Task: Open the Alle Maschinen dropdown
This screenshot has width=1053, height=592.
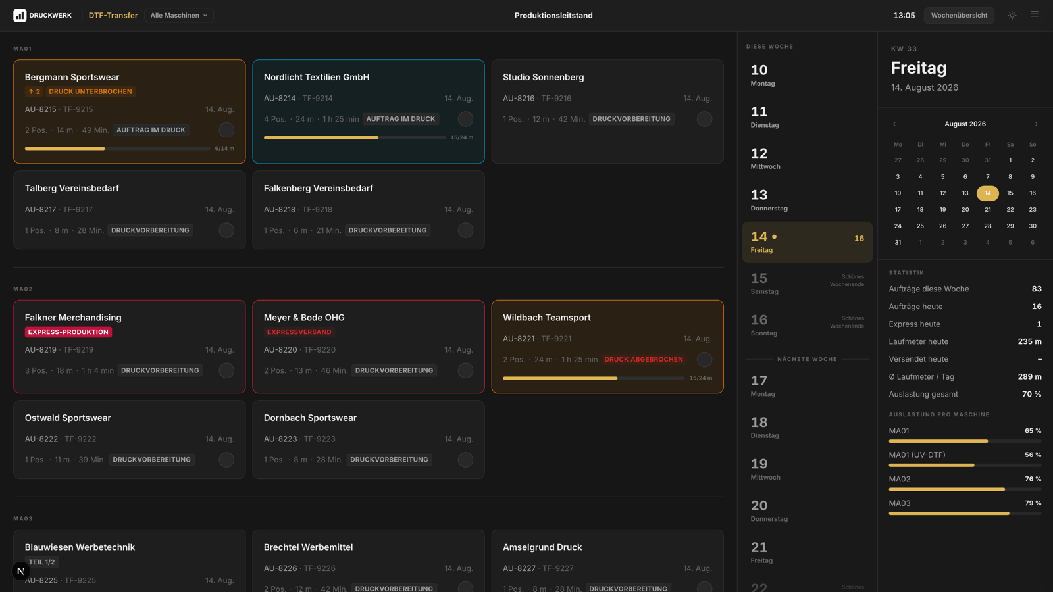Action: [x=178, y=16]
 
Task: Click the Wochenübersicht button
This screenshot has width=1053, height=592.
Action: [x=959, y=16]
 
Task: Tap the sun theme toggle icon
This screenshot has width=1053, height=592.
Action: [x=1012, y=16]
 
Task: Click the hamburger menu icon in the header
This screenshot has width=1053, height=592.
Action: [x=1035, y=14]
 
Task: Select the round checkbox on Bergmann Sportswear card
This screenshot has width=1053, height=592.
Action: [x=226, y=130]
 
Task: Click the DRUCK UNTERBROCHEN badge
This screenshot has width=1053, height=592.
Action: [x=90, y=91]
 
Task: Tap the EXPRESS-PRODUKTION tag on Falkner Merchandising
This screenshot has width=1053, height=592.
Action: [x=68, y=332]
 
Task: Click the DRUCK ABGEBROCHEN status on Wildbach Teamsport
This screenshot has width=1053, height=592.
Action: [x=644, y=359]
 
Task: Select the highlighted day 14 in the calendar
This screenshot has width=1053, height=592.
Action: [x=988, y=193]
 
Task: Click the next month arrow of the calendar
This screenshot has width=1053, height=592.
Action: [x=1036, y=124]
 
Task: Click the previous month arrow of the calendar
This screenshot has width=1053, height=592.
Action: [x=894, y=124]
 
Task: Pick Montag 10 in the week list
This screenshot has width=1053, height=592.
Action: [x=763, y=75]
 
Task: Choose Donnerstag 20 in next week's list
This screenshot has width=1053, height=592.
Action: [x=769, y=510]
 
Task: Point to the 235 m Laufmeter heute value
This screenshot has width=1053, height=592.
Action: [x=1029, y=341]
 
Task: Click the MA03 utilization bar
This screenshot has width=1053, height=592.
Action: [x=965, y=514]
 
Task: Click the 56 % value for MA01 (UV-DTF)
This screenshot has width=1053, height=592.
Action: [x=1033, y=455]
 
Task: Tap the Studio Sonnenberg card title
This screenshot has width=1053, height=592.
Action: [x=544, y=77]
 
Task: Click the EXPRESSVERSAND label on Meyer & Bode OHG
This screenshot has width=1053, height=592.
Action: [x=299, y=332]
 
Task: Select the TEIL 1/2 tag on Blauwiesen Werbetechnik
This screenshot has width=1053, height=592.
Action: [x=42, y=562]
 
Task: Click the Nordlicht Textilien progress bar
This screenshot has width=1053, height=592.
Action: [x=355, y=137]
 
